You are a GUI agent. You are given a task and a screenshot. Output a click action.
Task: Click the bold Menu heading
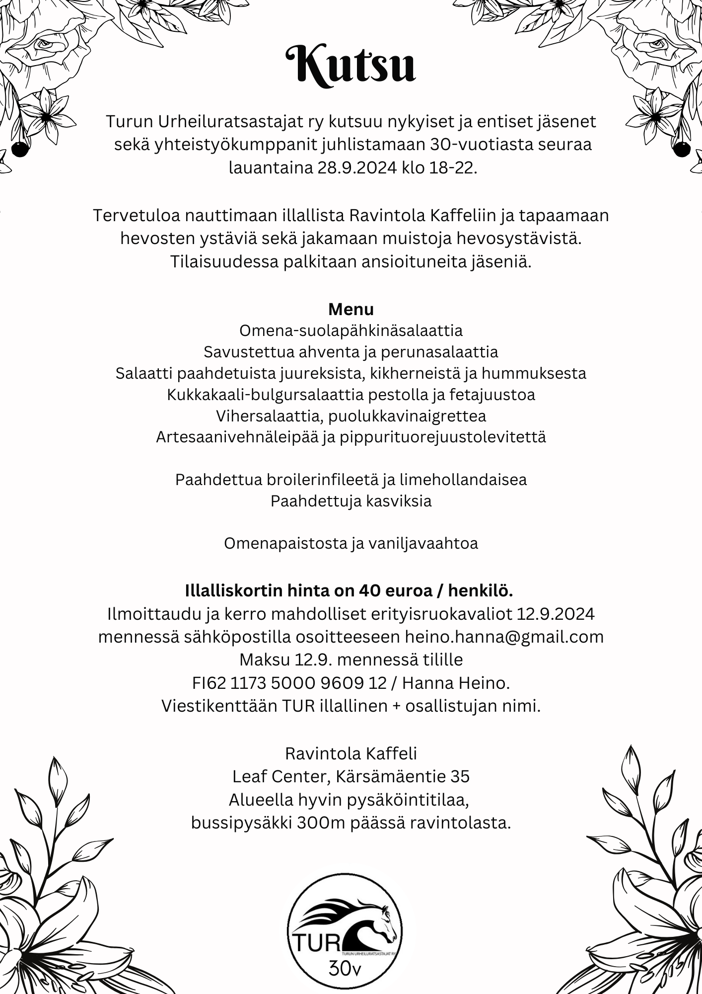(x=351, y=309)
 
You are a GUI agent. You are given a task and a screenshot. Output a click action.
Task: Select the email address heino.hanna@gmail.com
(x=504, y=637)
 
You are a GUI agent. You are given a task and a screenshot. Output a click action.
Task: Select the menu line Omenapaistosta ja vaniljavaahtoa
(x=351, y=543)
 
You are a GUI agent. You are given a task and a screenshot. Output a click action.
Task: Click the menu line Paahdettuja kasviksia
(x=351, y=500)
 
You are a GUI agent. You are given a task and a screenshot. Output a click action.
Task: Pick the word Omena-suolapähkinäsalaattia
(x=351, y=331)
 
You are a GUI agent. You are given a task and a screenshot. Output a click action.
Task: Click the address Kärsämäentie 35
(x=403, y=776)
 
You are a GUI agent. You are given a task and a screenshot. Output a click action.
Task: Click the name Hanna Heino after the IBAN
(x=456, y=683)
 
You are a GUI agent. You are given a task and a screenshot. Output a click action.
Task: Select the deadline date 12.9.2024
(x=555, y=614)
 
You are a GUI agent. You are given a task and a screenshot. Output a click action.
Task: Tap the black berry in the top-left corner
(x=18, y=149)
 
